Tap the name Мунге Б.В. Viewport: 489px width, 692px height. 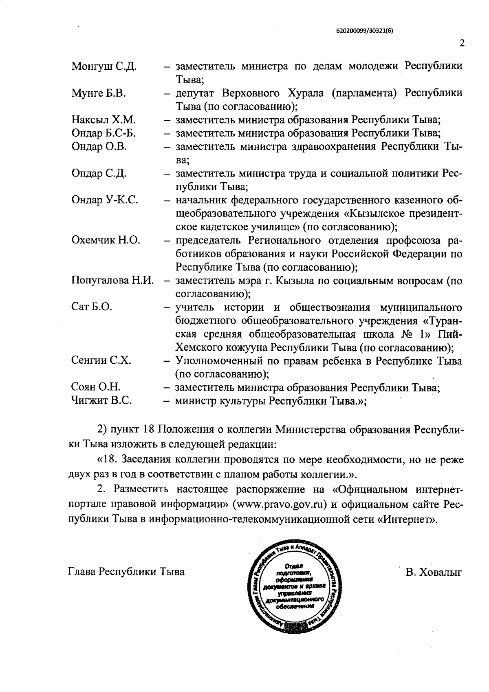[x=99, y=93]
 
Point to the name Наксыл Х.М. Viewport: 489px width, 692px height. [x=104, y=120]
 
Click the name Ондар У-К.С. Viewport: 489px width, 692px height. [x=105, y=200]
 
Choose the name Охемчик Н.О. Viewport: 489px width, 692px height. [x=106, y=240]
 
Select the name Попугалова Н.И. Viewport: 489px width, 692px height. [x=112, y=281]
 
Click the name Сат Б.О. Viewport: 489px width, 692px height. [x=91, y=307]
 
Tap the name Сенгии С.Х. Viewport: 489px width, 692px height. [x=101, y=360]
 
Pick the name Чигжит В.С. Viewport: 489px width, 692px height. [x=101, y=401]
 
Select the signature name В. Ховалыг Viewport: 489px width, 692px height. [x=434, y=572]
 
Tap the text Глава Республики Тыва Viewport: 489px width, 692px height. [x=126, y=572]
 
